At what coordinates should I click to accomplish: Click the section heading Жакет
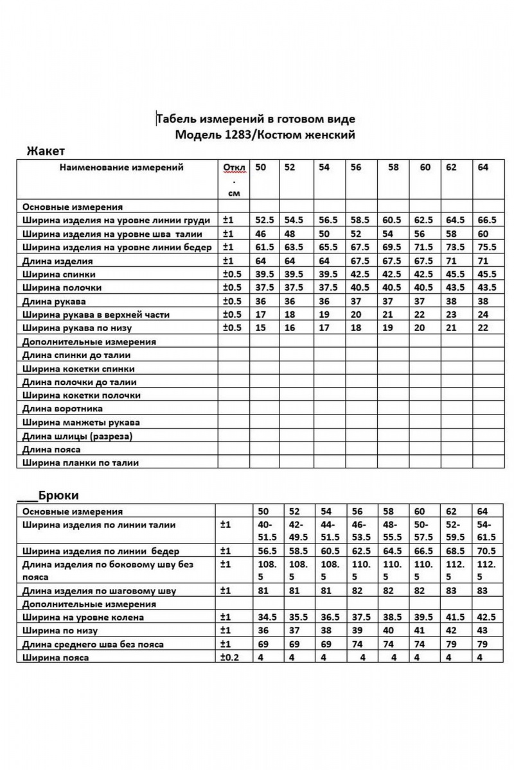click(x=46, y=151)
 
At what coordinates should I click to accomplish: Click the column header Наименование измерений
click(x=121, y=167)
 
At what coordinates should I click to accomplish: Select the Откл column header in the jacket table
click(x=234, y=169)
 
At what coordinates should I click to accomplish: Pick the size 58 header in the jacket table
click(x=393, y=167)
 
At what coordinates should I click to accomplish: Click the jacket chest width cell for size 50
click(x=265, y=220)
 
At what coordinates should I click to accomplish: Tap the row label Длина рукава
click(x=54, y=301)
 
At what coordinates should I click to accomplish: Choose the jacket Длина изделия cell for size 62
click(x=453, y=261)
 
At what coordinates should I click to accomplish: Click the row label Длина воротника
click(x=62, y=408)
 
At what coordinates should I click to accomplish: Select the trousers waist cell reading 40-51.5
click(x=267, y=531)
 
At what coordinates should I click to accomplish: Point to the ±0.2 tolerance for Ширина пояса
click(x=230, y=658)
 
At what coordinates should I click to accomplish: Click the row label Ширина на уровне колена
click(x=83, y=617)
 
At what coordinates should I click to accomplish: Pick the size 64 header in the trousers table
click(x=483, y=511)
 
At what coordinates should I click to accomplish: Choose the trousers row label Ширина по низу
click(x=62, y=631)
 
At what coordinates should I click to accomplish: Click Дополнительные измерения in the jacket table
click(x=89, y=341)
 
